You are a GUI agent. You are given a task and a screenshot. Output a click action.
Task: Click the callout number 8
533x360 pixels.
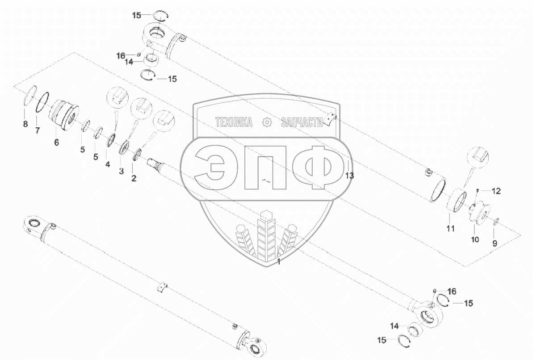(25, 125)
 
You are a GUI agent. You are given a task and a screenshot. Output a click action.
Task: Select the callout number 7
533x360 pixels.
(38, 130)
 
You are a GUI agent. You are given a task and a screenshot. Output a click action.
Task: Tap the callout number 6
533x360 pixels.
(56, 142)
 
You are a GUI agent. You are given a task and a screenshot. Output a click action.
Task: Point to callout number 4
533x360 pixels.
(107, 164)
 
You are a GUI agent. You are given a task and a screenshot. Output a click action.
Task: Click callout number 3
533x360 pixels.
(122, 172)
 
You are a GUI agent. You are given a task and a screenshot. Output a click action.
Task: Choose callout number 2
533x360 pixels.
(134, 178)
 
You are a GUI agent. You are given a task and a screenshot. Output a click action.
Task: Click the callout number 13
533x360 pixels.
(350, 176)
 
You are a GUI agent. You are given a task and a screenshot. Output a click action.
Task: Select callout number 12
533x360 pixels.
(496, 191)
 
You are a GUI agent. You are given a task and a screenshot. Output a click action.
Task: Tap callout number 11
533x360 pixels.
(450, 229)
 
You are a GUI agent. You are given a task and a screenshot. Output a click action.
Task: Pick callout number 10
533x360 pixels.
(475, 240)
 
